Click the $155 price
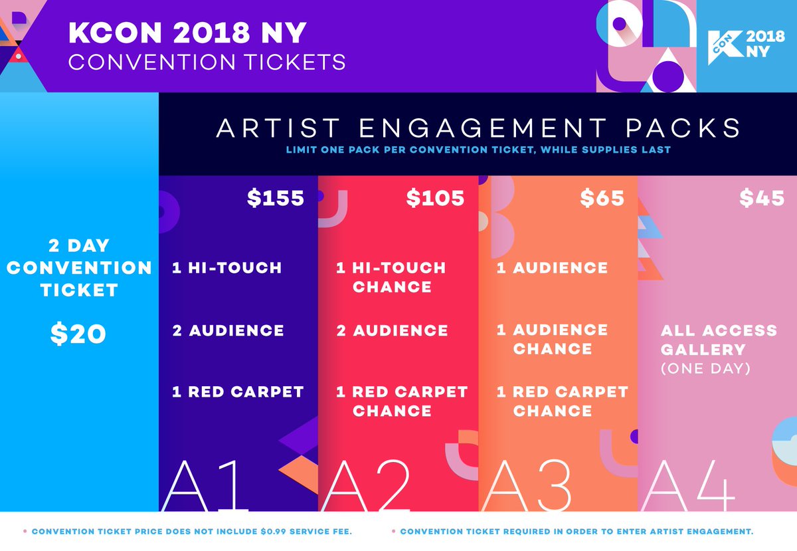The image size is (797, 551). tap(276, 198)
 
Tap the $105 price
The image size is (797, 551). tap(436, 198)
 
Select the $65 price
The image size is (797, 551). tap(602, 198)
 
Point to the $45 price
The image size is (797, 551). tap(762, 198)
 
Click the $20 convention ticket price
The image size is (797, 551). tap(78, 334)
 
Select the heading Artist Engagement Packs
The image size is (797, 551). tap(478, 128)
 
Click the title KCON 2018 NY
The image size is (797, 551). tap(188, 34)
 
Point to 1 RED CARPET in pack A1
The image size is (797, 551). tap(237, 392)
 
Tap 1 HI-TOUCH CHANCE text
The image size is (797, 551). tap(391, 277)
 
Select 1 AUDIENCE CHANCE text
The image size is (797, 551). tap(552, 339)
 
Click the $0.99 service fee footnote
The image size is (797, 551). tap(193, 532)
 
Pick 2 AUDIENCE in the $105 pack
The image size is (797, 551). tap(392, 330)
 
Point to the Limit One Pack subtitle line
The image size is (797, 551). tap(478, 150)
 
